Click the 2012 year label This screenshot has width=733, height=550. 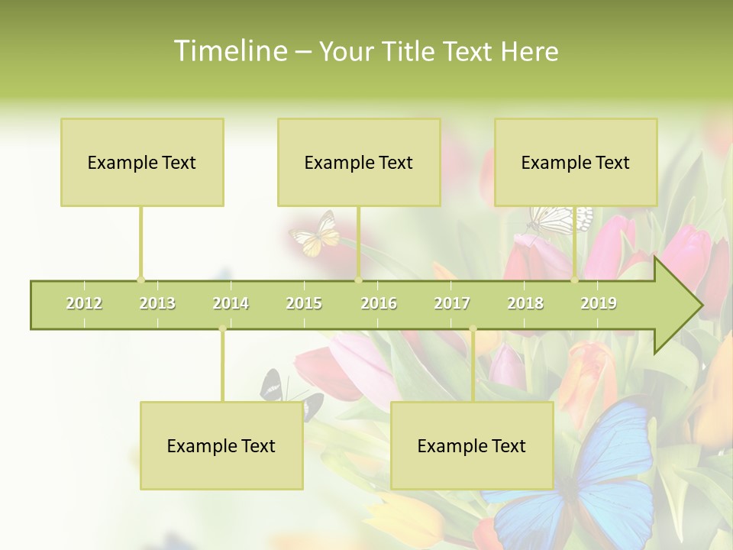tap(84, 303)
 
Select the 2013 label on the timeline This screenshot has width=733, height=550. tap(157, 303)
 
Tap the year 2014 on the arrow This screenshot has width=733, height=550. tap(231, 303)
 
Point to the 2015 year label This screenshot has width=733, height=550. tap(304, 303)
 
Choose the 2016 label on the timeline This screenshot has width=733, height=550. tap(379, 303)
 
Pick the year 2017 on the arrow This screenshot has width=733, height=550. tap(452, 303)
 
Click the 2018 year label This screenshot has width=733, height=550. tap(525, 303)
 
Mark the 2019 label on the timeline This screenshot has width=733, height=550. tap(599, 303)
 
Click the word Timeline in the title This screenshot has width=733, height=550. tap(229, 51)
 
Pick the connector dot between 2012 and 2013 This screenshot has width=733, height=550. tap(140, 280)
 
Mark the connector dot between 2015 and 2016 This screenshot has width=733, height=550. tap(358, 280)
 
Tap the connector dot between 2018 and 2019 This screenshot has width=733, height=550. tap(575, 280)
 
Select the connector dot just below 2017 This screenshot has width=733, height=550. tap(473, 329)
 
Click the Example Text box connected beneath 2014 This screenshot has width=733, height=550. tap(221, 445)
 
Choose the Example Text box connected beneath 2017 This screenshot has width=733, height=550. tap(472, 445)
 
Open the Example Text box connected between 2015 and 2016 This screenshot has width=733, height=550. tap(359, 162)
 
